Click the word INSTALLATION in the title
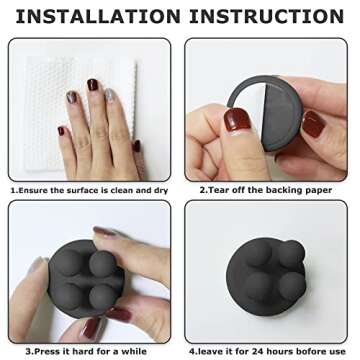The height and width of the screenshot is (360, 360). coord(98,16)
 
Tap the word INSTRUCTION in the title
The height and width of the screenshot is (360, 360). coord(267,16)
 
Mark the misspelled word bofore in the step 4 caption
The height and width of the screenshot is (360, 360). coord(301,351)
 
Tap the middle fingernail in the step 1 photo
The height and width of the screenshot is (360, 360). coord(92,85)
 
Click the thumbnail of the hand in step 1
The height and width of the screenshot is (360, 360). coord(136,146)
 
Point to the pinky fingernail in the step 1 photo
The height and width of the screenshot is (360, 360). coord(61,131)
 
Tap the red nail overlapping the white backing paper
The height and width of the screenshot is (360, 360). coord(237,119)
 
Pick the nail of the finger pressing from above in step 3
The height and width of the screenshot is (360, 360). coord(104,231)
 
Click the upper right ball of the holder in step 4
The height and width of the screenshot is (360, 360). coord(291,254)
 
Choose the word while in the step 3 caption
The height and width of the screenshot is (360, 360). coord(133,351)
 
